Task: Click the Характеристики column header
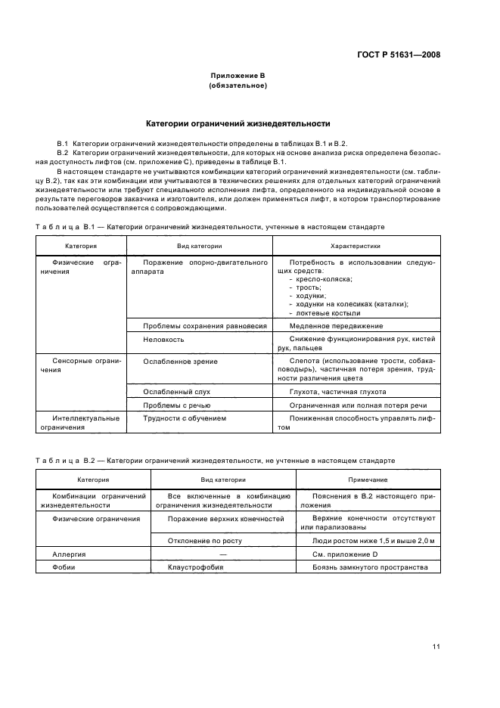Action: click(x=356, y=246)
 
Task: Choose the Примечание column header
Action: click(x=368, y=480)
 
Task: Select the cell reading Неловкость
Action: click(x=163, y=340)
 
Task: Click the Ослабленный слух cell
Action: click(x=176, y=392)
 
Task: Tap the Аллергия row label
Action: click(x=69, y=554)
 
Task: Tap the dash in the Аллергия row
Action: click(x=223, y=554)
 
